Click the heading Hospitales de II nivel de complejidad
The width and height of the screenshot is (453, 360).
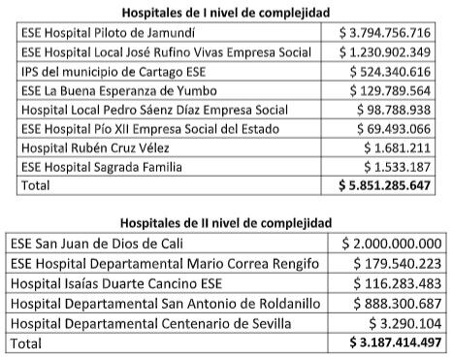click(x=226, y=222)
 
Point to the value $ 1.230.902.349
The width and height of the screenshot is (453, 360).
click(x=384, y=51)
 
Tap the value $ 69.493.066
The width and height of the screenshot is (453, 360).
click(x=393, y=128)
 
